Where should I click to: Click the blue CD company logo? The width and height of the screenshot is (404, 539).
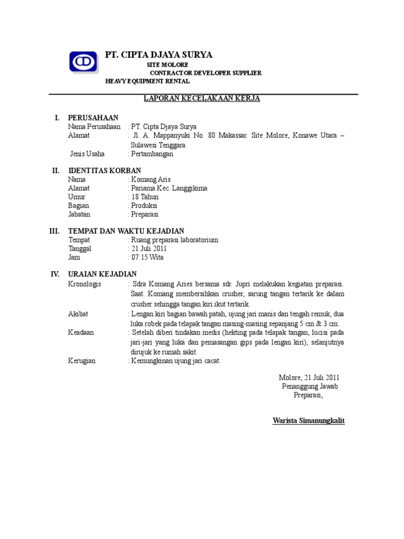(x=83, y=62)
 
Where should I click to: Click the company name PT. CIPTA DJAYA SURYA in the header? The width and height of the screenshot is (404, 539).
(x=159, y=55)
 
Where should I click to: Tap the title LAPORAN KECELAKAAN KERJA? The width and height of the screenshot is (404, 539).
(x=203, y=98)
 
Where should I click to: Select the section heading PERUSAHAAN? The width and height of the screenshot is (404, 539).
(x=93, y=117)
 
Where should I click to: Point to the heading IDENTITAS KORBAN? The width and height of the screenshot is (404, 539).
(x=105, y=171)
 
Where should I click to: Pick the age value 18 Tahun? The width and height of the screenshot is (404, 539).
(x=145, y=197)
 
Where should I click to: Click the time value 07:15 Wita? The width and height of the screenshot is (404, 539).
(x=147, y=257)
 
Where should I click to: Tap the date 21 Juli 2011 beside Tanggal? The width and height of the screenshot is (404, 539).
(x=149, y=248)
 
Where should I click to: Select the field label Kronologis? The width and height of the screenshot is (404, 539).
(x=85, y=284)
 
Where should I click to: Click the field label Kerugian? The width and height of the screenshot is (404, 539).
(x=82, y=361)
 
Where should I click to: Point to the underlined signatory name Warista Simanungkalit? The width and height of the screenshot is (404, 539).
(x=309, y=421)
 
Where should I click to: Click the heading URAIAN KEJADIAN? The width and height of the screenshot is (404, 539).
(x=102, y=274)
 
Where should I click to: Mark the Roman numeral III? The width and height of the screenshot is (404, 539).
(x=54, y=231)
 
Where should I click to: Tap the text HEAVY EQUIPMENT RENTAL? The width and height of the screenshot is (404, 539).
(x=147, y=82)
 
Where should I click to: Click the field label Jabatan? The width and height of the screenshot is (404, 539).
(x=79, y=214)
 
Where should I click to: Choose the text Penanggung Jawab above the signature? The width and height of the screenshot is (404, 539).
(x=309, y=386)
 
